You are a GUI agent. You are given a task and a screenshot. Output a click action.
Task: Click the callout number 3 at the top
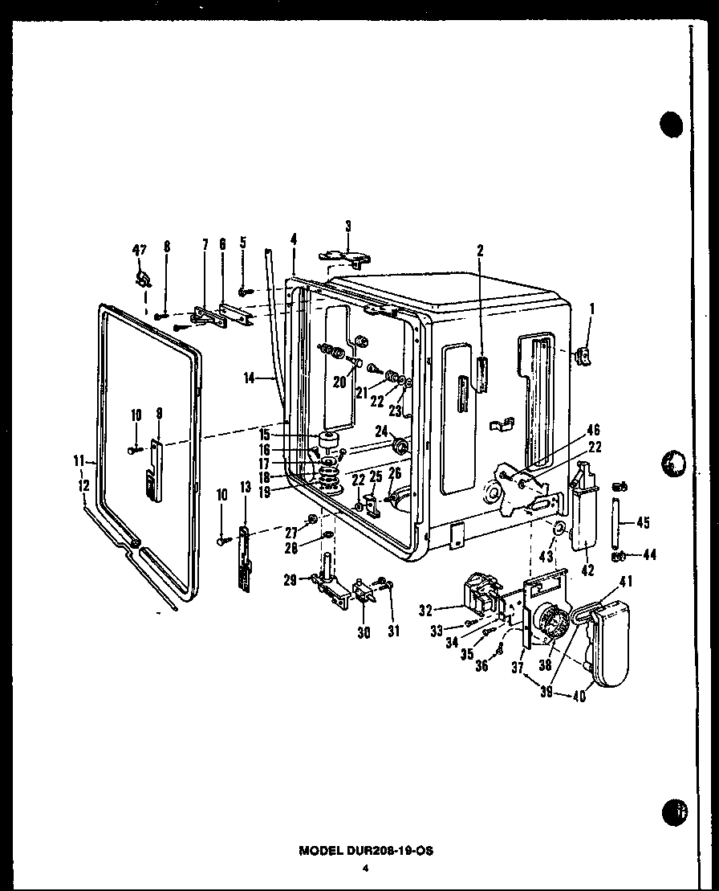point(348,226)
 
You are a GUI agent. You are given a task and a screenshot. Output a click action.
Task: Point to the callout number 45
point(642,522)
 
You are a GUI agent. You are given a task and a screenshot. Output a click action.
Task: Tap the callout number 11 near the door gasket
point(79,460)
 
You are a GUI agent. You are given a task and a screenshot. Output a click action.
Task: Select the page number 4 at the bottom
point(365,868)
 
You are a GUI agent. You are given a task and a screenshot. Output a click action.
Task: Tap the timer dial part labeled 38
point(550,624)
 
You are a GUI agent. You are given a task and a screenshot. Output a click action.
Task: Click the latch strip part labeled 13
point(242,558)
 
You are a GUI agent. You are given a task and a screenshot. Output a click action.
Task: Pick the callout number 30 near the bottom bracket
point(364,632)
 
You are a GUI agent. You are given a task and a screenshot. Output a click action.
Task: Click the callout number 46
point(594,431)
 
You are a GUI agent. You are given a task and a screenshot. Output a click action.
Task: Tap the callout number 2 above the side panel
point(480,251)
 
